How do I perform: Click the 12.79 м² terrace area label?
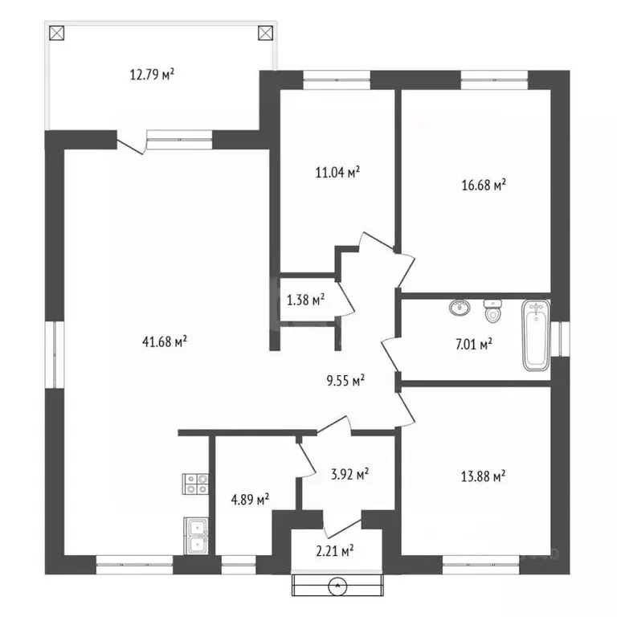(152, 75)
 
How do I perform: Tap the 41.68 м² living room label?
(165, 341)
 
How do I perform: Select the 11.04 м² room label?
(337, 173)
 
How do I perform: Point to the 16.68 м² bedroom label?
(484, 185)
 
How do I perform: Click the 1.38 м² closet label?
(306, 300)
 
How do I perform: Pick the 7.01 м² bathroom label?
(474, 345)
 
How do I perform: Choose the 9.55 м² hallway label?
(345, 381)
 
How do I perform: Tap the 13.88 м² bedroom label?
(483, 476)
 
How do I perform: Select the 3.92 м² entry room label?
(349, 474)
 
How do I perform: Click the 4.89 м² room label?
(250, 500)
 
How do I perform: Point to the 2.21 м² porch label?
(335, 550)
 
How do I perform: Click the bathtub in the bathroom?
(536, 336)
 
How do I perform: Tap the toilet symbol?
(492, 310)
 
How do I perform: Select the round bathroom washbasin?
(460, 307)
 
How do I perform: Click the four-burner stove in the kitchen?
(195, 484)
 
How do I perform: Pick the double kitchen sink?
(196, 536)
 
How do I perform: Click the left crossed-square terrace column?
(57, 33)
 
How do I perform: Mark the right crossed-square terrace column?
(266, 33)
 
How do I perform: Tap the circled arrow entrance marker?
(337, 586)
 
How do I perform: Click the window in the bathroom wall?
(560, 339)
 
